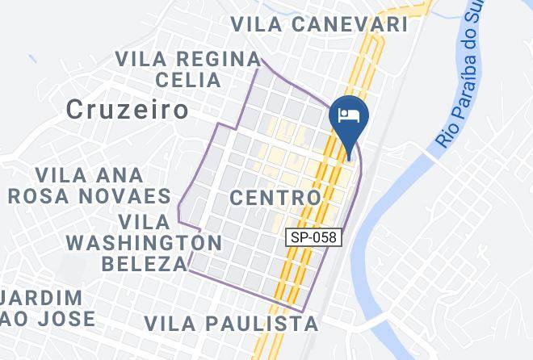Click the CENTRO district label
(x=275, y=197)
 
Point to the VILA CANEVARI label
(x=319, y=25)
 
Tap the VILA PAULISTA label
(x=231, y=324)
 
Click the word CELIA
(x=188, y=80)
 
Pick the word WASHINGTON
(x=144, y=242)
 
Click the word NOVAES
(x=130, y=196)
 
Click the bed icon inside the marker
(x=348, y=115)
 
